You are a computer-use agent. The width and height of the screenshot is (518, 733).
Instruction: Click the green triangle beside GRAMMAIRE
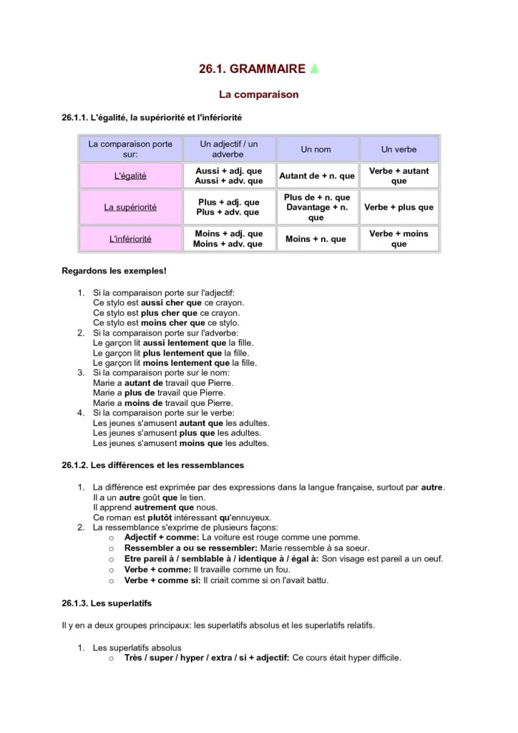314,69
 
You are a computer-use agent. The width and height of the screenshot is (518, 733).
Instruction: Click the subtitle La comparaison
258,94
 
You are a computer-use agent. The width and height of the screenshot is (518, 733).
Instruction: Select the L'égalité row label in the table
130,176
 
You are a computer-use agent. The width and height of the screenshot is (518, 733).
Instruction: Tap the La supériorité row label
130,208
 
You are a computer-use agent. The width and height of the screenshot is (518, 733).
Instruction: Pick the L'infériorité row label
130,239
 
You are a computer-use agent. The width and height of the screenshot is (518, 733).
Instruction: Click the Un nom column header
316,150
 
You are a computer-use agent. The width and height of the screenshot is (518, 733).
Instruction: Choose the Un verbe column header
399,150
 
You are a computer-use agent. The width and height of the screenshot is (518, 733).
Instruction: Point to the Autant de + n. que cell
316,176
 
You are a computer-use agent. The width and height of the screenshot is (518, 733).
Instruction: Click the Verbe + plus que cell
399,208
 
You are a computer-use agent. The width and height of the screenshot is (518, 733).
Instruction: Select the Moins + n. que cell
316,239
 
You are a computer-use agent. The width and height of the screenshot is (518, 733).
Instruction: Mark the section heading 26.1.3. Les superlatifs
107,603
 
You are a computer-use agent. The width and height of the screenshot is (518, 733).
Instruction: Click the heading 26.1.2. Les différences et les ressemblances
153,465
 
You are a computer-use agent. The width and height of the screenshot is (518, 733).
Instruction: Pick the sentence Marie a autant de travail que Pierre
163,383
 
